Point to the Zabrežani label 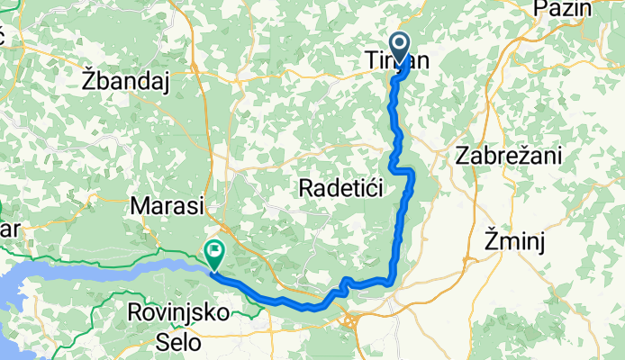509,155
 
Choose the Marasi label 168,205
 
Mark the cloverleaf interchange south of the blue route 353,319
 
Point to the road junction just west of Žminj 469,259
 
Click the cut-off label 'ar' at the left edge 9,229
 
